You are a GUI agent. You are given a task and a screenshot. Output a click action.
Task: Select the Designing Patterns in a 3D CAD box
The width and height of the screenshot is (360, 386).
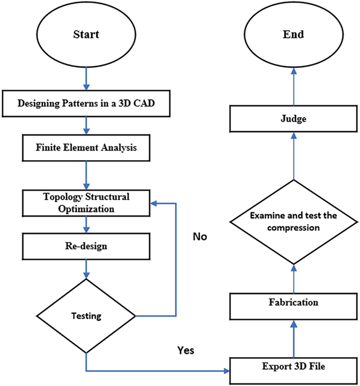click(x=86, y=103)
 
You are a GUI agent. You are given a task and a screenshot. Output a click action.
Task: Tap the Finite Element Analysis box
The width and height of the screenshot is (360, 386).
click(x=86, y=148)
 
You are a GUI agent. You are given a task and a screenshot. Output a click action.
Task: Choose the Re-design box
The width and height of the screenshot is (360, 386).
click(x=86, y=245)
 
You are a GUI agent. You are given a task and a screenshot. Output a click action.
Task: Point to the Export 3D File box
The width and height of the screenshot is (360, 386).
click(x=293, y=366)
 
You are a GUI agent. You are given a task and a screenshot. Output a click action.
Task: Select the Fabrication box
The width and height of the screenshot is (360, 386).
click(x=293, y=303)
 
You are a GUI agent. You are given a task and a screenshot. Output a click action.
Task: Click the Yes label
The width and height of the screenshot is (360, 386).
click(x=186, y=350)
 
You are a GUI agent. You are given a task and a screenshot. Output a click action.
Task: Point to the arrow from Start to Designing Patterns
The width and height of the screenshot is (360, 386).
click(x=86, y=80)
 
